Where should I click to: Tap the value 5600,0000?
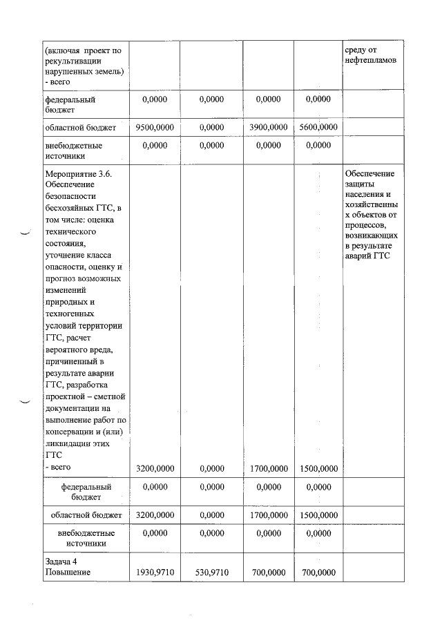[318, 127]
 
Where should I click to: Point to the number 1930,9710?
[155, 573]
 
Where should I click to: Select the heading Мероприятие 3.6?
[78, 173]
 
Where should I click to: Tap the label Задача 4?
[61, 561]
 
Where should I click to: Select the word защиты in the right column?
[360, 184]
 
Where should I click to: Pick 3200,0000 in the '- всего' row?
[155, 468]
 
